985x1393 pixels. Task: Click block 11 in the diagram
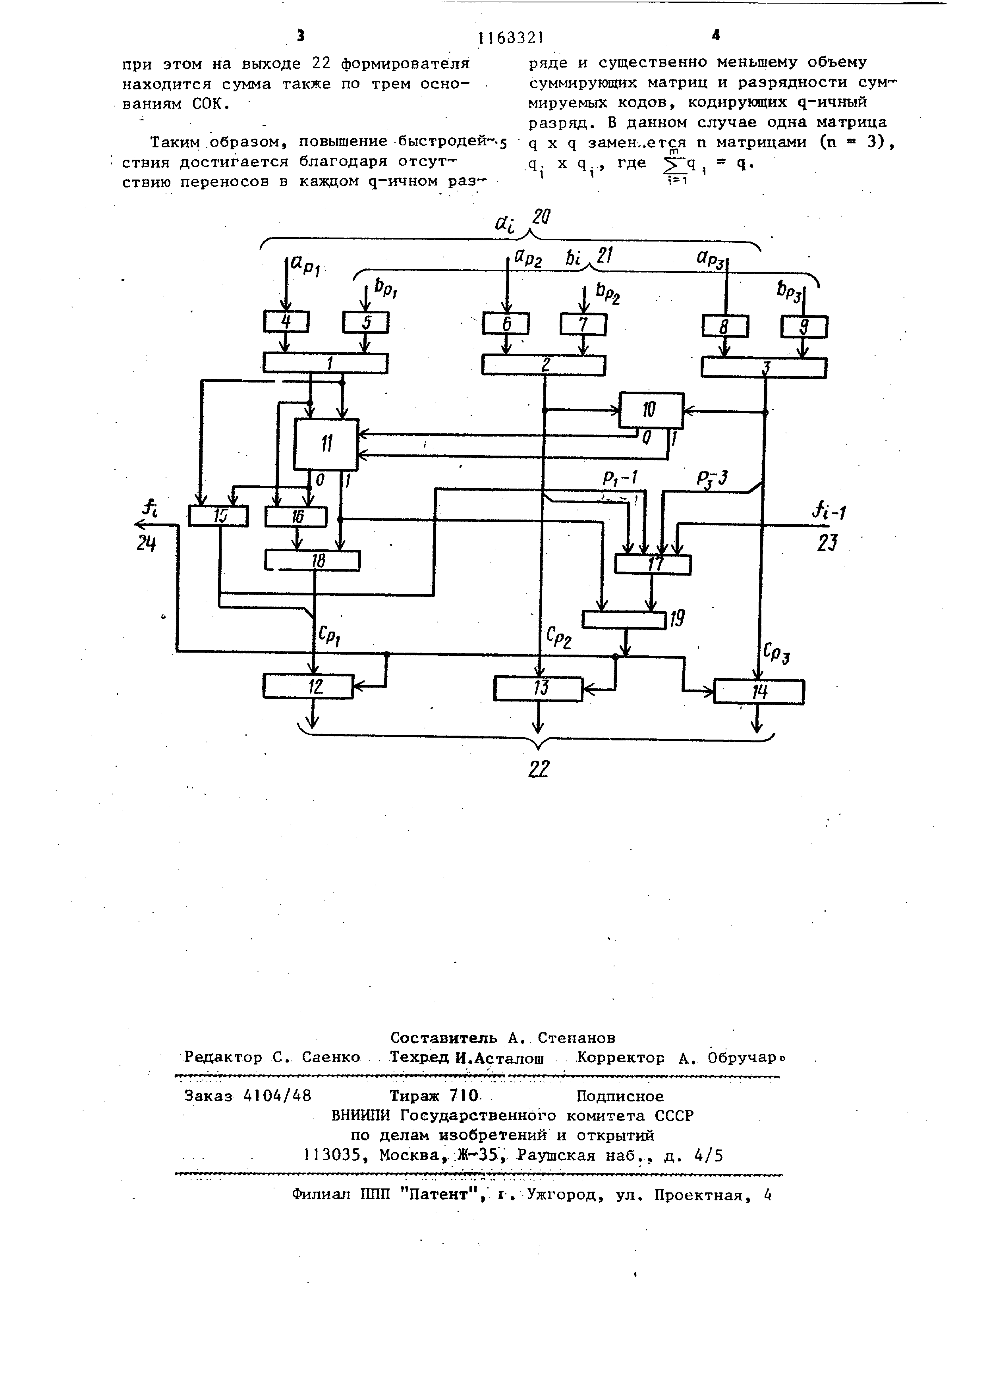click(x=326, y=444)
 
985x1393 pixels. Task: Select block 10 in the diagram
click(x=651, y=410)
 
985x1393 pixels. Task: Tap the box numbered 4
click(x=286, y=322)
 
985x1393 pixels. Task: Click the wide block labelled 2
click(x=543, y=365)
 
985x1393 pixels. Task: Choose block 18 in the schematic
click(x=312, y=560)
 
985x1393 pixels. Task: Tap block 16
click(x=296, y=517)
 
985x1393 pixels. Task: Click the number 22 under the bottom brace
click(x=539, y=769)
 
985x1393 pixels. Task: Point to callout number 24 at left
click(x=146, y=544)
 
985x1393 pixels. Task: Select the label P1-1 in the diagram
click(x=620, y=478)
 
